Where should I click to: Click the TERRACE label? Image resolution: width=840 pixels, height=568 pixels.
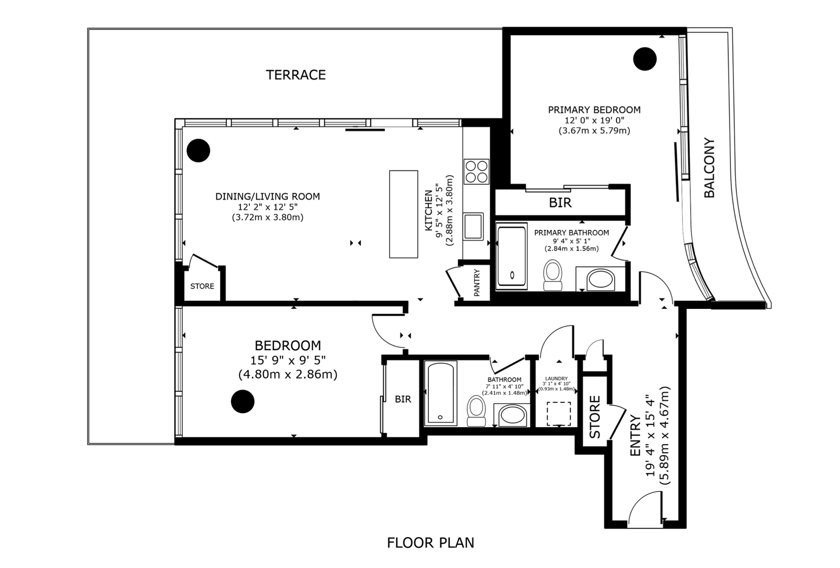click(x=296, y=75)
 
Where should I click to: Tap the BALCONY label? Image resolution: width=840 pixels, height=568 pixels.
click(x=709, y=168)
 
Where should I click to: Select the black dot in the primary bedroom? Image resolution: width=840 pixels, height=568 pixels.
click(x=645, y=59)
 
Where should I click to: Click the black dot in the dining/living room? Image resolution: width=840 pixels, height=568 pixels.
click(x=198, y=150)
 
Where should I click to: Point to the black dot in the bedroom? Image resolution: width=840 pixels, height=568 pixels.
click(x=243, y=401)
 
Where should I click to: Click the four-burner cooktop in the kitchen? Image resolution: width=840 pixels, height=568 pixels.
click(x=476, y=171)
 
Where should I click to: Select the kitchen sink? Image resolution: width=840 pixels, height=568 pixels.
click(x=473, y=226)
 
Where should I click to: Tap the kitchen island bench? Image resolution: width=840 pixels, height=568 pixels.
click(x=404, y=214)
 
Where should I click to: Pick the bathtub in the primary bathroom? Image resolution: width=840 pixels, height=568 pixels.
click(x=512, y=256)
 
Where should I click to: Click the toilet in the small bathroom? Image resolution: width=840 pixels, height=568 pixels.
click(x=476, y=410)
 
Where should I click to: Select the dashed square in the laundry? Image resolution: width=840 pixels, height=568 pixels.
click(x=559, y=414)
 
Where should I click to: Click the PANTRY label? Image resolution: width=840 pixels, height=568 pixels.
click(x=477, y=282)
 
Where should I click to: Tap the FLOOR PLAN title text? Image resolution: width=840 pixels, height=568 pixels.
click(x=431, y=543)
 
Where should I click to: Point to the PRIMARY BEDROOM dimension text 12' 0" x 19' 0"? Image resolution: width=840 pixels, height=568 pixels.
click(x=594, y=120)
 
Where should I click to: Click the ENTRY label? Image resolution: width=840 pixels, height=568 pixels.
click(x=635, y=435)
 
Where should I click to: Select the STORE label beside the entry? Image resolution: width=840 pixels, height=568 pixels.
click(x=595, y=417)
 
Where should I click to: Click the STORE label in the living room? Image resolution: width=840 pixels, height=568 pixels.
click(x=202, y=286)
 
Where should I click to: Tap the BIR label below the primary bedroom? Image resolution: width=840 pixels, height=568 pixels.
click(x=560, y=203)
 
